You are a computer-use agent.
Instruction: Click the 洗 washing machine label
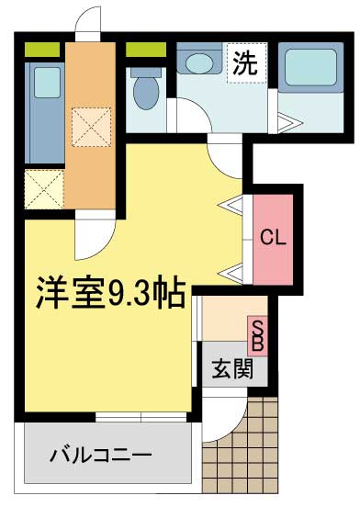[x=243, y=65]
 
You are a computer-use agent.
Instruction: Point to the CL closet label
[x=273, y=237]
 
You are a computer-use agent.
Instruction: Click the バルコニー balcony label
[x=101, y=454]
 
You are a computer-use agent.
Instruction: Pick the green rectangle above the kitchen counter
[x=42, y=49]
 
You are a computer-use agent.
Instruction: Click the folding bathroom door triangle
[x=283, y=120]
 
